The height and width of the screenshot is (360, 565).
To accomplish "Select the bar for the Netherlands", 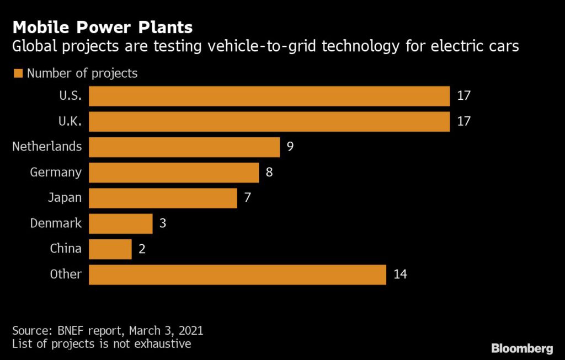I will pyautogui.click(x=184, y=147).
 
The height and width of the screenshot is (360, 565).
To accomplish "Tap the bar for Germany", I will pyautogui.click(x=174, y=173).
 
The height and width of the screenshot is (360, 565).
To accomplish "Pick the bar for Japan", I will pyautogui.click(x=163, y=198).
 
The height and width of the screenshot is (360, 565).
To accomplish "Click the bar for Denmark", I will pyautogui.click(x=120, y=224).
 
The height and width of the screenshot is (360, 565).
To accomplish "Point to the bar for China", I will pyautogui.click(x=110, y=249).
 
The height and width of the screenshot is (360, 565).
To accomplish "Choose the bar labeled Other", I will pyautogui.click(x=237, y=275).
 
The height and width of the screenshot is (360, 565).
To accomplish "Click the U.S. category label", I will pyautogui.click(x=70, y=95).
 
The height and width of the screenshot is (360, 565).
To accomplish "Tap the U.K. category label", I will pyautogui.click(x=70, y=121).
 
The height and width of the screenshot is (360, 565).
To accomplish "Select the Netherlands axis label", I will pyautogui.click(x=47, y=147).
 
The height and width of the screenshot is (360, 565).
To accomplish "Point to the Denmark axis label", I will pyautogui.click(x=56, y=223).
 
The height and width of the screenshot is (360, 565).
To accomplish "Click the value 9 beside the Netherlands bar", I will pyautogui.click(x=290, y=147).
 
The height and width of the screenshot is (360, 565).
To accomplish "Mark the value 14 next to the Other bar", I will pyautogui.click(x=400, y=275).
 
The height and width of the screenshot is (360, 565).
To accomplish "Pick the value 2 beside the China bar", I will pyautogui.click(x=142, y=249).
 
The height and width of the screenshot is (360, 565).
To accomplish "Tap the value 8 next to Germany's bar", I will pyautogui.click(x=269, y=173).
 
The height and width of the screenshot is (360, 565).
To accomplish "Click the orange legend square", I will pyautogui.click(x=17, y=73).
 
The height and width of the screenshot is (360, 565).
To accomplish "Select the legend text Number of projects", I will pyautogui.click(x=82, y=73).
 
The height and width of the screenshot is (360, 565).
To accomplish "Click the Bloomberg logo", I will pyautogui.click(x=521, y=348).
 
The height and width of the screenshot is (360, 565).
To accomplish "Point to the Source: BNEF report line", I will pyautogui.click(x=108, y=331).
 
